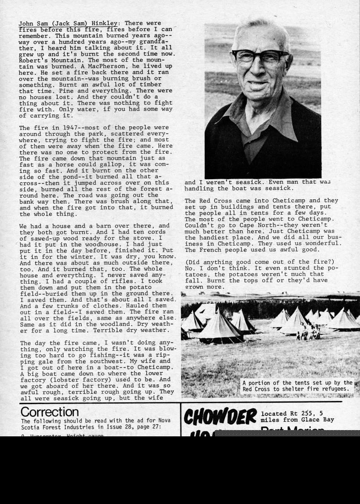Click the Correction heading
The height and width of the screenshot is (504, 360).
(x=49, y=412)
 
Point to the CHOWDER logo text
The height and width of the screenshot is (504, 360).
(x=220, y=417)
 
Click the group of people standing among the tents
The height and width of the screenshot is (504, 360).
(x=309, y=332)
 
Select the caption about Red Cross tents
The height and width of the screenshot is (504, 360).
(x=297, y=386)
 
